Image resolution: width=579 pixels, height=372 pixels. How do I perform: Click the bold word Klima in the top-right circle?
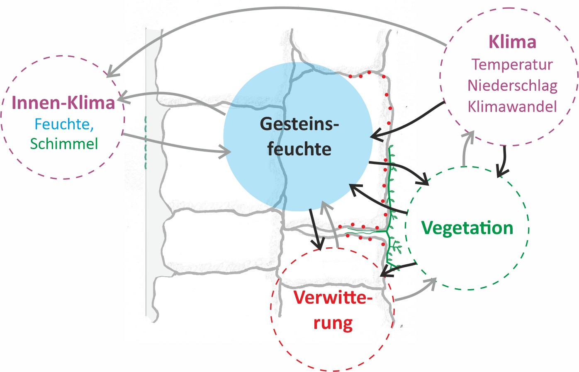pos(512,42)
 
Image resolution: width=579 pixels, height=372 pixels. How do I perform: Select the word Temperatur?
pos(512,65)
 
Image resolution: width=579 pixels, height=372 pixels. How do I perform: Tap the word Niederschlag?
pos(512,85)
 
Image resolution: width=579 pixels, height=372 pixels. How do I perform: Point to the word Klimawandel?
pos(512,106)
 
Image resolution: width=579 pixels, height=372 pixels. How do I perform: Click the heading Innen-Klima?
pos(63,103)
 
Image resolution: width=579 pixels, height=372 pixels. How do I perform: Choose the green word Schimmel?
pos(64,144)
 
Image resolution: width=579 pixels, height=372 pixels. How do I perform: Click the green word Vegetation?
pos(467,228)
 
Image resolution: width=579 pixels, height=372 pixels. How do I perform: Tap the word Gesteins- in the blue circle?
pos(299,124)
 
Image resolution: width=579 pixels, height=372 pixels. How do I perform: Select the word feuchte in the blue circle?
pos(299,149)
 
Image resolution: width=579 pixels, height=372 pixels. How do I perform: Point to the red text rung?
pos(333,323)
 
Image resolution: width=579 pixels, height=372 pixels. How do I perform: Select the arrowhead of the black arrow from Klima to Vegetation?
pos(501,172)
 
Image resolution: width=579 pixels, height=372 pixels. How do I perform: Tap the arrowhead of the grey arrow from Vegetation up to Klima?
pos(470,135)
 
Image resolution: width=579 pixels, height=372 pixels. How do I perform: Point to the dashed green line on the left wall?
pos(146,143)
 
